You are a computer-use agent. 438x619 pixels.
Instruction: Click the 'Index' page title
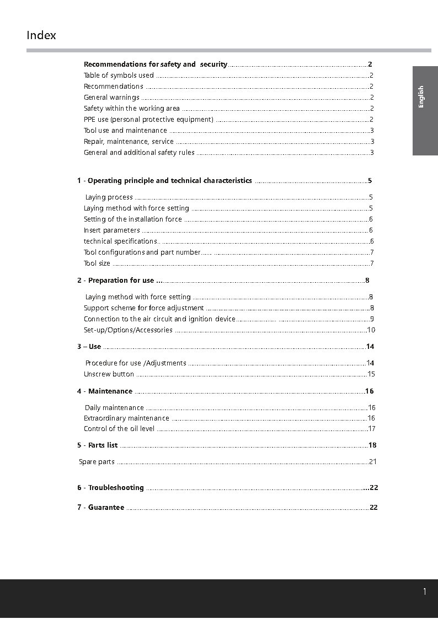tap(41, 35)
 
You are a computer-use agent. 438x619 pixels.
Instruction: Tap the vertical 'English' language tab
tap(421, 97)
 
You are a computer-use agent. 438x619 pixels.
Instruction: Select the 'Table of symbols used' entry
tap(119, 76)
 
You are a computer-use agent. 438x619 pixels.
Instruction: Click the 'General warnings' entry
tap(111, 98)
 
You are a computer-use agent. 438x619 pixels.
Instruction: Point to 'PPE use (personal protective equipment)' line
tap(148, 120)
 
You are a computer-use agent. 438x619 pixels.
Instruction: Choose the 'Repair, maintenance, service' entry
tap(129, 142)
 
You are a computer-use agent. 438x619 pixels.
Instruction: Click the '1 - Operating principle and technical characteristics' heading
tap(164, 181)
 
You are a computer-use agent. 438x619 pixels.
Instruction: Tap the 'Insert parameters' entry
tap(112, 230)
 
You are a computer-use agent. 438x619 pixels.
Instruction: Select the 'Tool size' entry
tap(97, 263)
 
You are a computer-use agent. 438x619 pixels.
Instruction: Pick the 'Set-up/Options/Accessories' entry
tap(128, 330)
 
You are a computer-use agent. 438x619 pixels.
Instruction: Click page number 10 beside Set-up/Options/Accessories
tap(371, 330)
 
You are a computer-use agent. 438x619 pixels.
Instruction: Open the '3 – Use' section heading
tap(89, 347)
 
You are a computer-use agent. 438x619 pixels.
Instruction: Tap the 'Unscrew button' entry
tap(109, 374)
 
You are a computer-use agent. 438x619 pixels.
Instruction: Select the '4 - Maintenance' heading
tap(105, 391)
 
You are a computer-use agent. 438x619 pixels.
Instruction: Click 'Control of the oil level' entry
tap(119, 429)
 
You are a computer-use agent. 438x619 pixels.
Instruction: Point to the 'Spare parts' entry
tap(97, 462)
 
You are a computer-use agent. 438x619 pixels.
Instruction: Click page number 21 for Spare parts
tap(373, 462)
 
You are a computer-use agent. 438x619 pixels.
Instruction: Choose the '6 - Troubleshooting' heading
tap(110, 488)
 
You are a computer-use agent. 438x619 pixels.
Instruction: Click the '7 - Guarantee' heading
tap(101, 508)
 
